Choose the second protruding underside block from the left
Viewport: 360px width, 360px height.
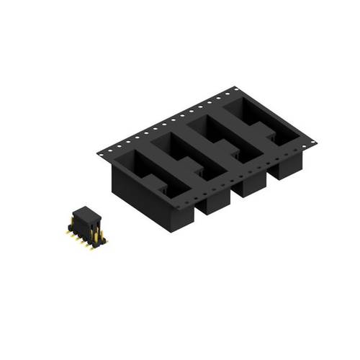coord(213,202)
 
